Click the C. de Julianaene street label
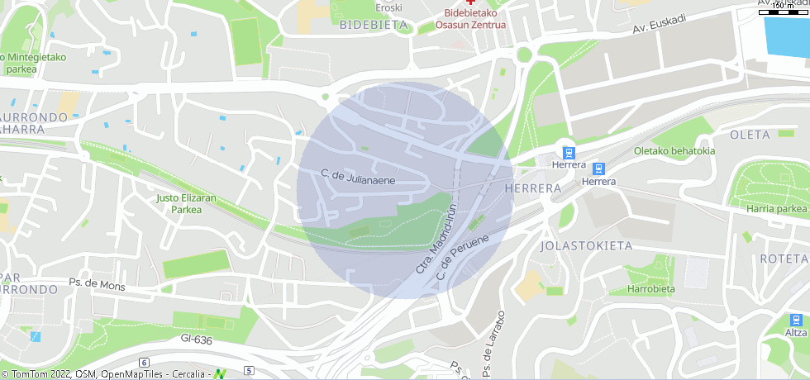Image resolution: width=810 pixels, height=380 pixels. pyautogui.click(x=358, y=176)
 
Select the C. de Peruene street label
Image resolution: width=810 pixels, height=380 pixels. pyautogui.click(x=464, y=255)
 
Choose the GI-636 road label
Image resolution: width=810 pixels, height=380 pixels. pyautogui.click(x=197, y=339)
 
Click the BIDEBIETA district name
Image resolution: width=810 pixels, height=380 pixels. pyautogui.click(x=374, y=25)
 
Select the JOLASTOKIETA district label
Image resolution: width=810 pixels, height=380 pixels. pyautogui.click(x=586, y=246)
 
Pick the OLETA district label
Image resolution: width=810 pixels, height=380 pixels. pyautogui.click(x=750, y=135)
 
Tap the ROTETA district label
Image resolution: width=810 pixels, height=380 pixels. pyautogui.click(x=783, y=259)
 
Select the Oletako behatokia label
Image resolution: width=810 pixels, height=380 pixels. pyautogui.click(x=674, y=150)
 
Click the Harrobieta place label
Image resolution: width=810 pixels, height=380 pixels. pyautogui.click(x=650, y=289)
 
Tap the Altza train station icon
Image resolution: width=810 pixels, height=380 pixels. pyautogui.click(x=796, y=320)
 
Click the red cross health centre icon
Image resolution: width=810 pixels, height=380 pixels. pyautogui.click(x=471, y=3)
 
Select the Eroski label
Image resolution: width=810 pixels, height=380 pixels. pyautogui.click(x=388, y=8)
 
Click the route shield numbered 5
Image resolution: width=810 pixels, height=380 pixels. pyautogui.click(x=249, y=369)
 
